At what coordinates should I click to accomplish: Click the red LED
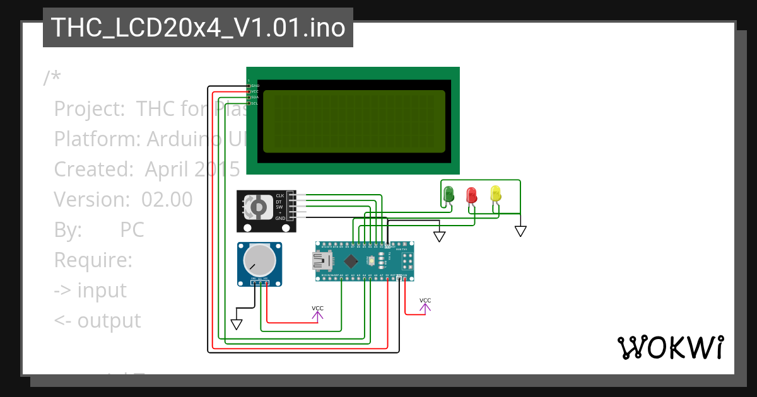click(x=472, y=194)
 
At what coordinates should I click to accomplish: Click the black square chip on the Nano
click(x=351, y=261)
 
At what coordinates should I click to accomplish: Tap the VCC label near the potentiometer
click(x=317, y=308)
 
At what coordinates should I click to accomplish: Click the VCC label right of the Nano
click(x=425, y=301)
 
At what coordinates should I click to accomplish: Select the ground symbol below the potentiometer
click(x=237, y=324)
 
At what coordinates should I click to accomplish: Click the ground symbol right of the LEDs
click(x=520, y=231)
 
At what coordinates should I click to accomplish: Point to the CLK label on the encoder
click(x=279, y=196)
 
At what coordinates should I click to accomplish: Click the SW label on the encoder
click(x=279, y=207)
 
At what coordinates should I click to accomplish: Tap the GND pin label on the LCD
click(x=255, y=85)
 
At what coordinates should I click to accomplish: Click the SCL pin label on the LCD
click(x=254, y=103)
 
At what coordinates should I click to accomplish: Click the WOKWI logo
click(x=670, y=347)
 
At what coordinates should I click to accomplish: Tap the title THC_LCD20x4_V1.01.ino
click(x=197, y=28)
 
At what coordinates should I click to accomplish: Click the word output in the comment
click(x=109, y=320)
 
